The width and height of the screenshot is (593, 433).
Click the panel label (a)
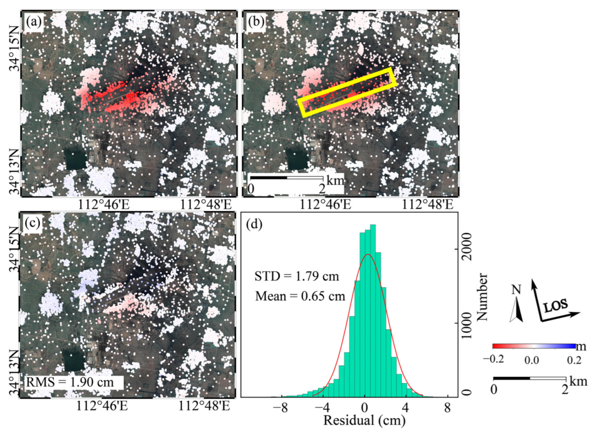coord(34,22)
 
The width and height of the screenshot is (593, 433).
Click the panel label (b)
coord(255,22)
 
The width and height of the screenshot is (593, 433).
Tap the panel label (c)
coord(32,223)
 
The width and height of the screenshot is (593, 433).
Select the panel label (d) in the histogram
coord(254,224)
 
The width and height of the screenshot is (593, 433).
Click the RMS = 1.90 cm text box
coord(70,382)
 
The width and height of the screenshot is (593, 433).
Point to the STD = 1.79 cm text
coord(296,276)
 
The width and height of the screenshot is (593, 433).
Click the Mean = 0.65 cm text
coord(300,296)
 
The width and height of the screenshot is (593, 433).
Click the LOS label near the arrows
coord(555,306)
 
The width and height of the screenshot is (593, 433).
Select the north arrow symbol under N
coord(516,311)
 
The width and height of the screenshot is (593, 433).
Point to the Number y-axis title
coord(482,297)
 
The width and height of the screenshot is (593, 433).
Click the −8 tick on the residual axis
coord(280,408)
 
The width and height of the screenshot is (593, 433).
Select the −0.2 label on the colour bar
coord(493,359)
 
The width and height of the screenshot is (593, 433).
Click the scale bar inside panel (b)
coord(286,178)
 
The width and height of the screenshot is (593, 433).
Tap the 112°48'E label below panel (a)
coord(206,205)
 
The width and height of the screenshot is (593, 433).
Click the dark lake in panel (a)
coord(75,159)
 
